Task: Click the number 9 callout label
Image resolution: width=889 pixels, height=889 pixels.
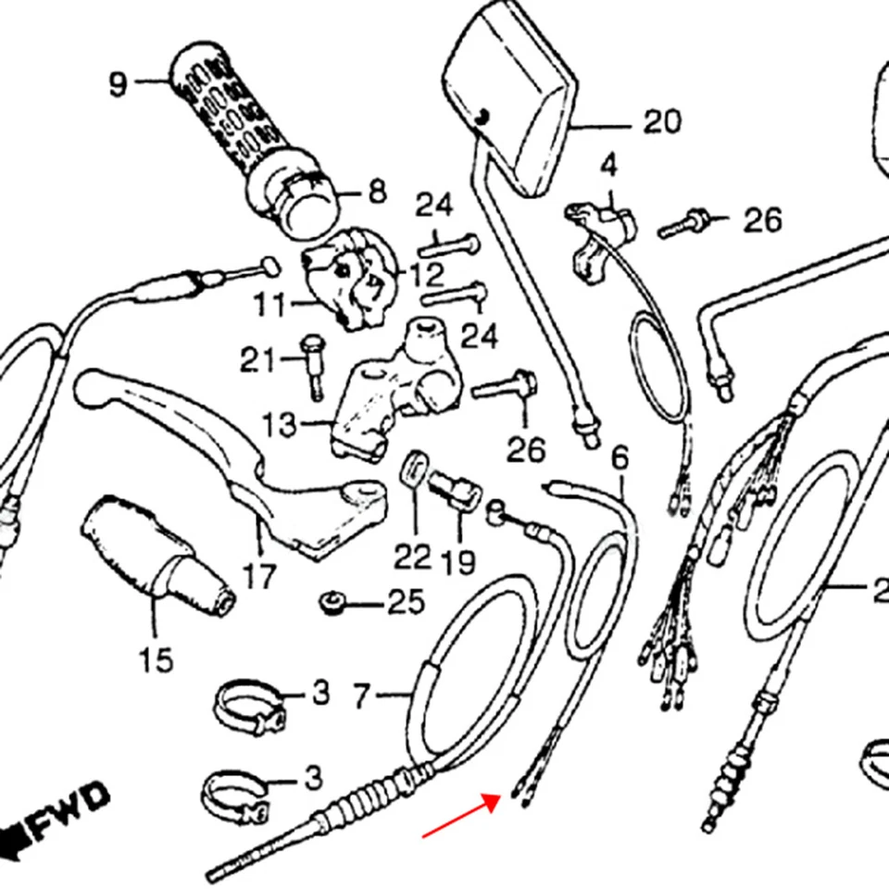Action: coord(117,84)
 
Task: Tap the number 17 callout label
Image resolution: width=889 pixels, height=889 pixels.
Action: coord(259,576)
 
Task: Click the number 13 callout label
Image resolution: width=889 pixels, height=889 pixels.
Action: coord(280,426)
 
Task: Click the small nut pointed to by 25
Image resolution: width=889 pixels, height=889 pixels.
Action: coord(330,605)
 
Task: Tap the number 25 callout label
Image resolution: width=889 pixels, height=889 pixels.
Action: coord(405,604)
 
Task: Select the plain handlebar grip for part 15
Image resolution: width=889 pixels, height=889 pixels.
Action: coord(153,556)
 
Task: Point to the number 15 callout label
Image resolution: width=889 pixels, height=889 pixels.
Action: coord(156,660)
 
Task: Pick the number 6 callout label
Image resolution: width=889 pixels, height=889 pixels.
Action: coord(620,457)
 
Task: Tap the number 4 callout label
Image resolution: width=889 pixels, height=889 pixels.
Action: coord(607,168)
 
